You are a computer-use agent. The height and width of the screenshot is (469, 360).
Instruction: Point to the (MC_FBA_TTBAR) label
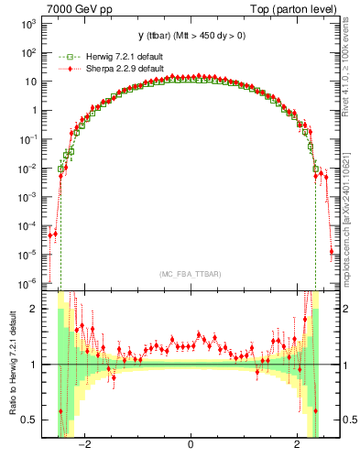tap(191, 274)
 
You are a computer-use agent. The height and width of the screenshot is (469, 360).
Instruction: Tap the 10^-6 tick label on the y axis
tap(30, 283)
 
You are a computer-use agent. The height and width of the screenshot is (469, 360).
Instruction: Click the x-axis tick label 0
tap(191, 446)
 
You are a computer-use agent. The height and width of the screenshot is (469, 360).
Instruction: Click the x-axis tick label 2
tap(297, 446)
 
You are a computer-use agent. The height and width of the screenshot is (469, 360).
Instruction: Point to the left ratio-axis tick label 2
tap(36, 309)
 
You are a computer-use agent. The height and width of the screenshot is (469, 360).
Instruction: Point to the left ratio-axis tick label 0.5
tap(32, 420)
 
